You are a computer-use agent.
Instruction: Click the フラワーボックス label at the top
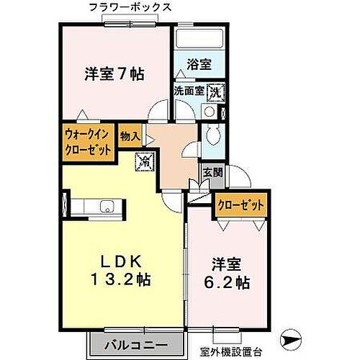point(130,8)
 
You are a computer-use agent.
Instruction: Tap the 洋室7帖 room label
point(114,73)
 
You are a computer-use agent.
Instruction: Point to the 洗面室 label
point(189,91)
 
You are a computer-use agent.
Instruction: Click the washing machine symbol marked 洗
point(215,92)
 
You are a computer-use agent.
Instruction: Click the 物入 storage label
point(130,135)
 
